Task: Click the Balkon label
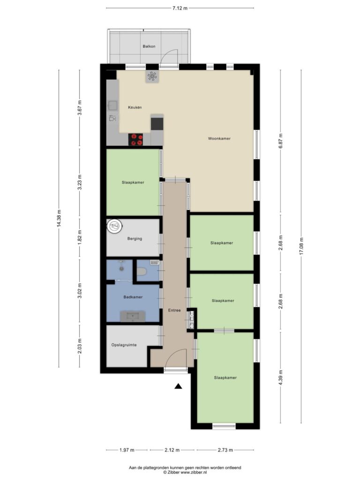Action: (x=149, y=46)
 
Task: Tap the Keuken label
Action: (x=135, y=107)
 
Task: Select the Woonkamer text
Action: (x=219, y=139)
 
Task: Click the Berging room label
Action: (x=135, y=239)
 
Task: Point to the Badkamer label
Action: (x=133, y=297)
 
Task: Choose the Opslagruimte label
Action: (x=124, y=345)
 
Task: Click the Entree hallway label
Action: (x=174, y=310)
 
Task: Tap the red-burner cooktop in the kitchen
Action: (x=135, y=139)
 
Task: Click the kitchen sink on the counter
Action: (x=112, y=105)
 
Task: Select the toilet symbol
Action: (x=142, y=271)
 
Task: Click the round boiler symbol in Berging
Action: (x=115, y=226)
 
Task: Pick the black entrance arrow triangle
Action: (x=178, y=386)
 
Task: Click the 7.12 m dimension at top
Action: (x=180, y=8)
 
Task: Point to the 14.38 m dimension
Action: (x=59, y=218)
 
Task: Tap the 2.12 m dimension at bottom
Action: (x=172, y=450)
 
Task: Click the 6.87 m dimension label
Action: (x=281, y=141)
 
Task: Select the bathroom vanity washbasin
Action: (x=133, y=316)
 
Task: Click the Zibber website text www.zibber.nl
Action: (x=193, y=472)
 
